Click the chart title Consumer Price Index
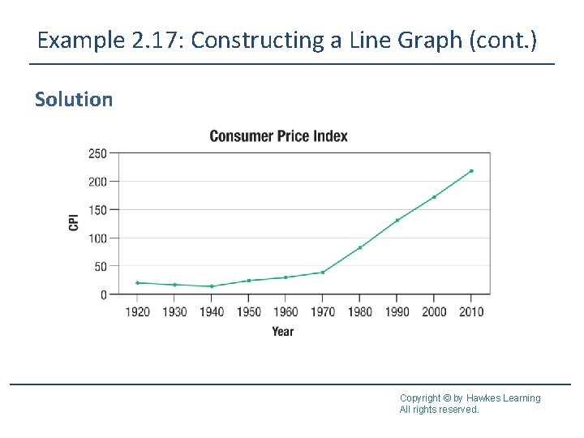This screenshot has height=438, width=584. (x=278, y=135)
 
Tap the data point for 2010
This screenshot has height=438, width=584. (x=471, y=171)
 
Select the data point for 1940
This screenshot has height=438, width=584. (x=212, y=286)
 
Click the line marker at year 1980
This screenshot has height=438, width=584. (x=360, y=247)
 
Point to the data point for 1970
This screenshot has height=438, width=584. (x=323, y=273)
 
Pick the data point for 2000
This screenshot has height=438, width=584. (x=434, y=197)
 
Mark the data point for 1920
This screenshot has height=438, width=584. (x=137, y=283)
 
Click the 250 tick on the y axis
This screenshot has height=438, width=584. (x=97, y=153)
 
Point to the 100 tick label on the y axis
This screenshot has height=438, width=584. (x=97, y=238)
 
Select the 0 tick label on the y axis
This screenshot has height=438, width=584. (x=103, y=295)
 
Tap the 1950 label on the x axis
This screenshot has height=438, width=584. (x=248, y=312)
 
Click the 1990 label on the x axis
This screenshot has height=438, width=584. (x=397, y=312)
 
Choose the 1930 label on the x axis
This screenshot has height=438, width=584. (x=174, y=312)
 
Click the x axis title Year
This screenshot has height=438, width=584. (x=283, y=331)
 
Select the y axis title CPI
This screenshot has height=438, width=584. (x=74, y=221)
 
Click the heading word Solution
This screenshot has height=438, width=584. (x=74, y=100)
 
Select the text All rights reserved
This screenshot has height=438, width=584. (x=439, y=410)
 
